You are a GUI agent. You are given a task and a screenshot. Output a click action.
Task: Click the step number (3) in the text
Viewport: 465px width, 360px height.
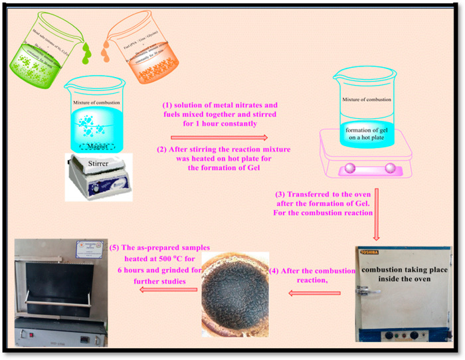282,194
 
